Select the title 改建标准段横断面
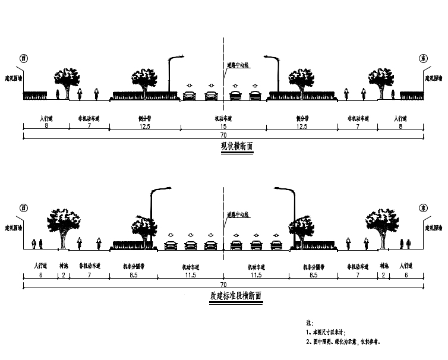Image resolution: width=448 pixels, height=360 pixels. click(235, 295)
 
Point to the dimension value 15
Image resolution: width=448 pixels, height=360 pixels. click(223, 126)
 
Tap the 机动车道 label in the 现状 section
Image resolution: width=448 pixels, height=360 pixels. click(223, 118)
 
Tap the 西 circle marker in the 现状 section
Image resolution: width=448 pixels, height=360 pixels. click(24, 58)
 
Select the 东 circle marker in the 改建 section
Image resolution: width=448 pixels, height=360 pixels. click(423, 208)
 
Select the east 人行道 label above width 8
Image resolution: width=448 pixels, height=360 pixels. click(402, 118)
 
